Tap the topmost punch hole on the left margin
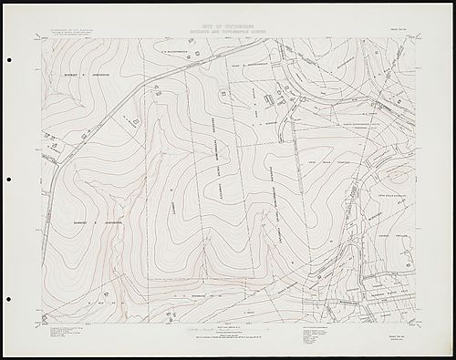pos(10,60)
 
